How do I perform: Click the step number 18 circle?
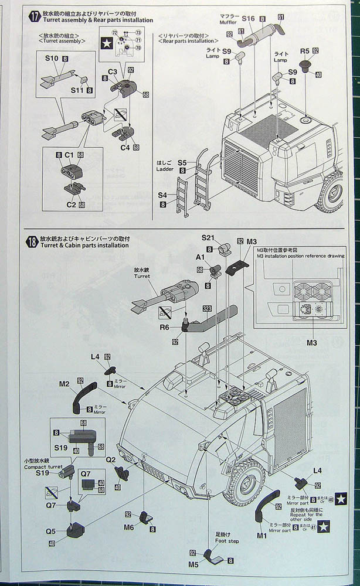(33, 241)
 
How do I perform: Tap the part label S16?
(247, 19)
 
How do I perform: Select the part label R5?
(304, 52)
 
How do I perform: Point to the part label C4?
(125, 147)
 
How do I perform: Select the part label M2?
(64, 384)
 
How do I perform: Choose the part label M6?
(129, 527)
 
